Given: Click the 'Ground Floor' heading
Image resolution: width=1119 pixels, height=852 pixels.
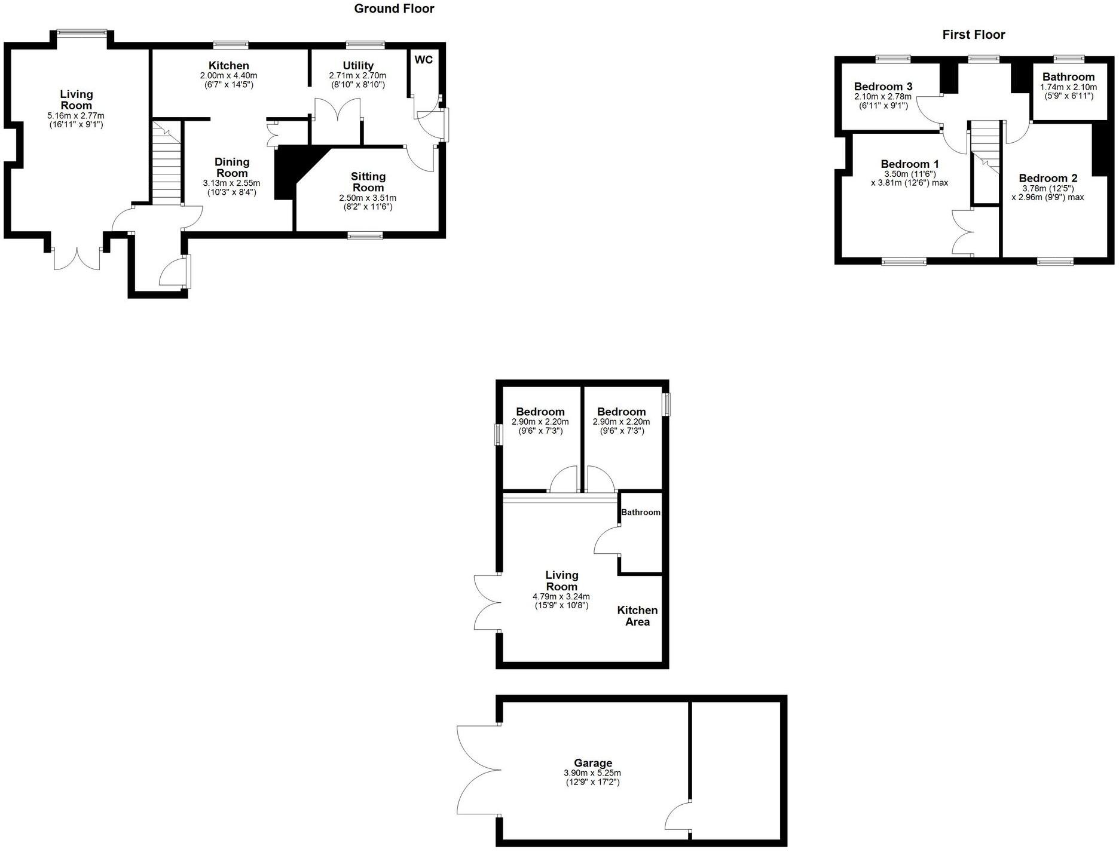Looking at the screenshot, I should point(394,9).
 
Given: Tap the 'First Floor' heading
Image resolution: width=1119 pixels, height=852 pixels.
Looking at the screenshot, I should point(973,35).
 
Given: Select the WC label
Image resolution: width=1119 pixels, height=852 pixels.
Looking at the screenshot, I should point(423,60).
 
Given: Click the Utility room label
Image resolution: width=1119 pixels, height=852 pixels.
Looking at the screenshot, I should point(358,65).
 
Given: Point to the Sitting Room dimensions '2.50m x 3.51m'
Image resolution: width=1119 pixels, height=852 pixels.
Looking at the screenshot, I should point(368,198).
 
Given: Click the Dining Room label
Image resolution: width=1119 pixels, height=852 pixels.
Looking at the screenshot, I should point(232,167).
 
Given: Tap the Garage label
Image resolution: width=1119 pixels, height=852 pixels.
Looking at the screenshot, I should point(592,762).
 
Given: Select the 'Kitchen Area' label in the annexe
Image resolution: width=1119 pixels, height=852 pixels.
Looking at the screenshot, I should point(637,615).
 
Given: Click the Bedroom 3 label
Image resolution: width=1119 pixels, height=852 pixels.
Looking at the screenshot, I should point(883,87).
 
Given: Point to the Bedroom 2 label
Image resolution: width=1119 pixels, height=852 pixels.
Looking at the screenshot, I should point(1047,178).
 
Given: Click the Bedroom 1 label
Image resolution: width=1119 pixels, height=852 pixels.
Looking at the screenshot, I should point(909,164).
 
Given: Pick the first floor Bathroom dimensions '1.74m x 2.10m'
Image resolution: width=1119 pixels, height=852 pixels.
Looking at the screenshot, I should point(1068,87).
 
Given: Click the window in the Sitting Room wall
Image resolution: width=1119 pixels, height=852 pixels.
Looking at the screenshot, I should point(365,236).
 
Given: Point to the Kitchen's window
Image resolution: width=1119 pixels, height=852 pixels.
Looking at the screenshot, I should point(231,44).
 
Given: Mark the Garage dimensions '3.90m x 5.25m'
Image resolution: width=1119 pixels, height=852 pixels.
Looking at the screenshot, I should point(592,773).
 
